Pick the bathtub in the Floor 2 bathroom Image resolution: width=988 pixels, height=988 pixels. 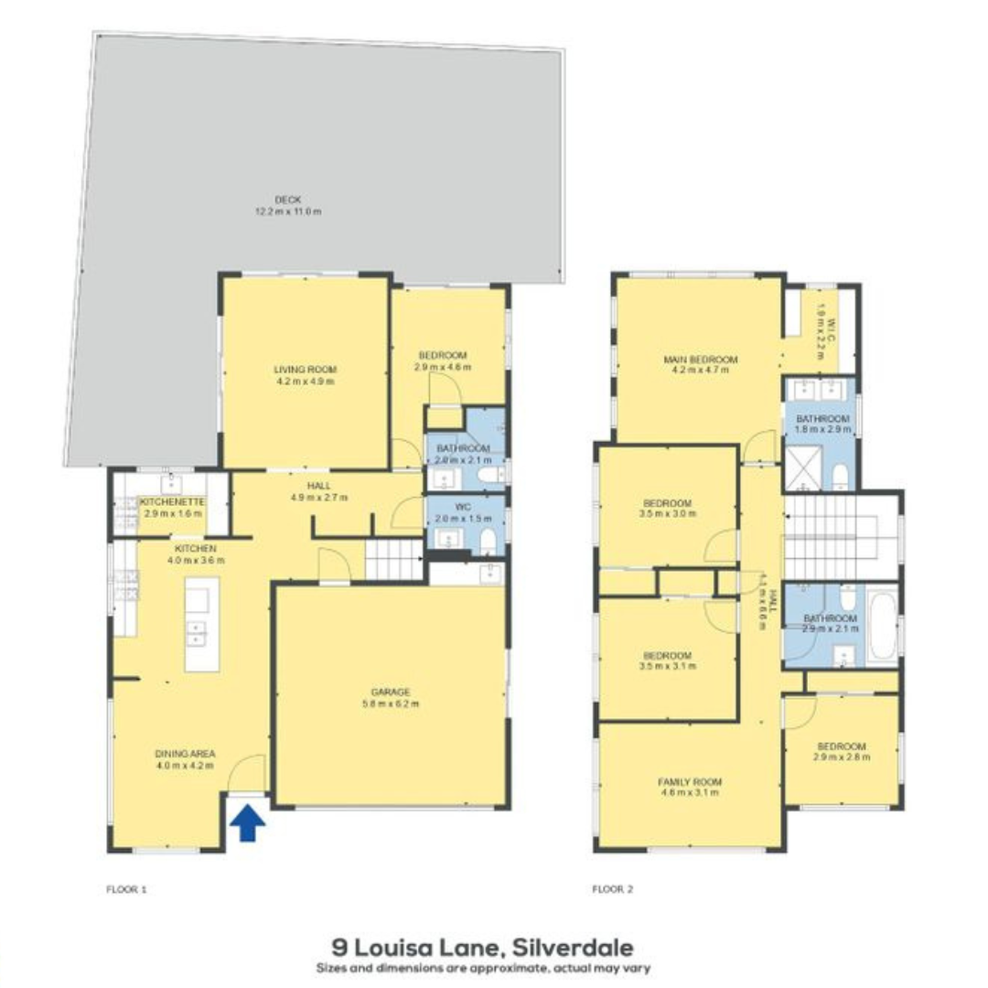tap(884, 625)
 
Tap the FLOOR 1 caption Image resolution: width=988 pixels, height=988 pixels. tap(126, 888)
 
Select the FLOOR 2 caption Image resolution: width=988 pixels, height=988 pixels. tap(613, 888)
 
